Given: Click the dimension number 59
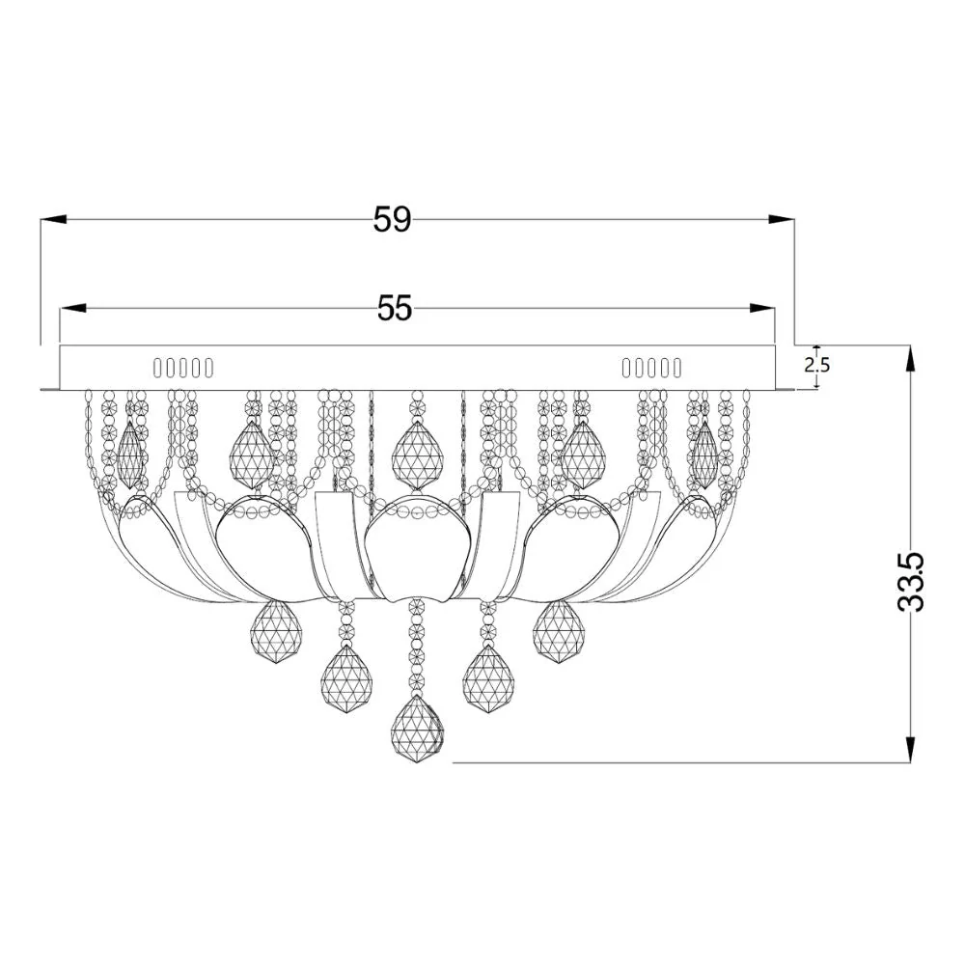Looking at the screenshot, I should [392, 220].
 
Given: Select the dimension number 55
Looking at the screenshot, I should [395, 308].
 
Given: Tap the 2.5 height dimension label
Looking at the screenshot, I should [817, 365].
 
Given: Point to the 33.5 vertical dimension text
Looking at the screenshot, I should [911, 582].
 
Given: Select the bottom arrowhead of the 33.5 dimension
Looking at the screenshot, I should [909, 753].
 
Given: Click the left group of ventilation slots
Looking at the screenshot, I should [183, 368].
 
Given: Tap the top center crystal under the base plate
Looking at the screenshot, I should [417, 454].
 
